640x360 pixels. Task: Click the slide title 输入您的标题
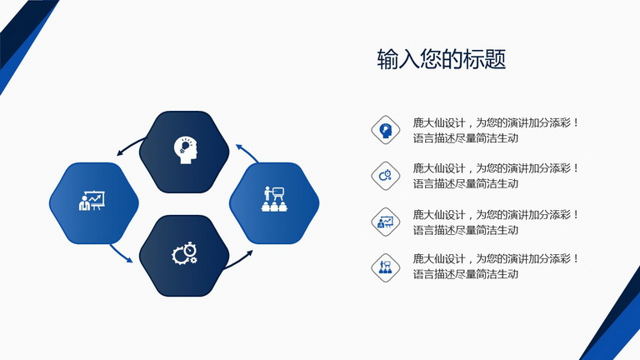[x=441, y=59]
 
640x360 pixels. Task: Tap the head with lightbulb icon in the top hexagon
[x=185, y=150]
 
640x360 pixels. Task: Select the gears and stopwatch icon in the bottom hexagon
[x=184, y=253]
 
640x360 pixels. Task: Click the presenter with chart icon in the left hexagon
[x=92, y=201]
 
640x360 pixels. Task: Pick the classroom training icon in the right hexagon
[x=274, y=199]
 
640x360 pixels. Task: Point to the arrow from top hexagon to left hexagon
[x=130, y=146]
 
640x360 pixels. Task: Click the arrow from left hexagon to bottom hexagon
[x=121, y=254]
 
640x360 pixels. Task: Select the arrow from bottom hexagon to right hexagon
[x=239, y=260]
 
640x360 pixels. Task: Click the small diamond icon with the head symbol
[x=385, y=130]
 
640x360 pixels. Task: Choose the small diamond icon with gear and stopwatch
[x=385, y=176]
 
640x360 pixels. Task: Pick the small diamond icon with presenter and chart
[x=385, y=222]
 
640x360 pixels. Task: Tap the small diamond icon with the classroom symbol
[x=385, y=267]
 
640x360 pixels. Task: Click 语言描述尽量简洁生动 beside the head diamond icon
[x=466, y=138]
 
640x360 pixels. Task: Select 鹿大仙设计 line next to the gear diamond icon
[x=496, y=167]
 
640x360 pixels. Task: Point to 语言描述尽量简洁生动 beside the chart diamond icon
[x=466, y=230]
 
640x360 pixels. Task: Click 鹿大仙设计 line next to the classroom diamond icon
[x=496, y=258]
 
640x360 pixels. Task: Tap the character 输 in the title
[x=387, y=59]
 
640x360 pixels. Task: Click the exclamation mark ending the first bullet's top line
[x=576, y=122]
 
